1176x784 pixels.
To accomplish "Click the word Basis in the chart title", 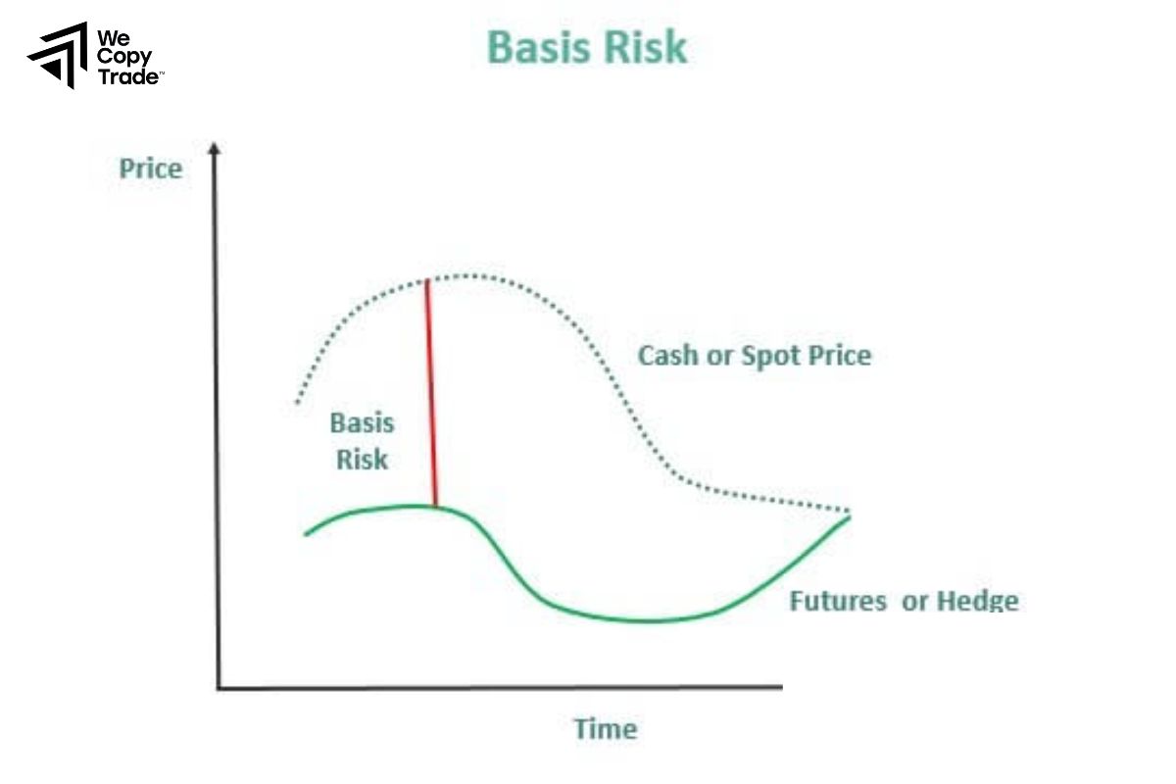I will coord(538,46).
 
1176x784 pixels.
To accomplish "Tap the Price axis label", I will coord(150,169).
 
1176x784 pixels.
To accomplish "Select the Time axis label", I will coord(605,729).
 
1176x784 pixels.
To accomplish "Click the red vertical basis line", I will coord(431,392).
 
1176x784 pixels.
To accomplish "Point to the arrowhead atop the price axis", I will coord(216,148).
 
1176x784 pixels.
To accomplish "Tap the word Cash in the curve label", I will coord(666,355).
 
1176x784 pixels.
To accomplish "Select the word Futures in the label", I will coord(839,600).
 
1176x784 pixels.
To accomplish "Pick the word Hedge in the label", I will coord(977,600).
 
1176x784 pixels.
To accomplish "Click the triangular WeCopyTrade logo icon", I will coord(58,55).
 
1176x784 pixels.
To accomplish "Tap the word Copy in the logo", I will coord(123,58).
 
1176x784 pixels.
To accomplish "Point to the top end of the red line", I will coord(426,281).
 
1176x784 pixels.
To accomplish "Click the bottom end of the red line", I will coord(435,506).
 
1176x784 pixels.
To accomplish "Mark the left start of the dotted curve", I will coord(296,402).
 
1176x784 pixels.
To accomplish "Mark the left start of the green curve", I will coord(306,533).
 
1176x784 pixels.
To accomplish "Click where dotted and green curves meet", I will coord(849,514).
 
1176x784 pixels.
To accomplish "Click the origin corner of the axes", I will coord(218,688).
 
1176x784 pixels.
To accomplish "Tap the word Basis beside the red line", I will coord(362,423).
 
